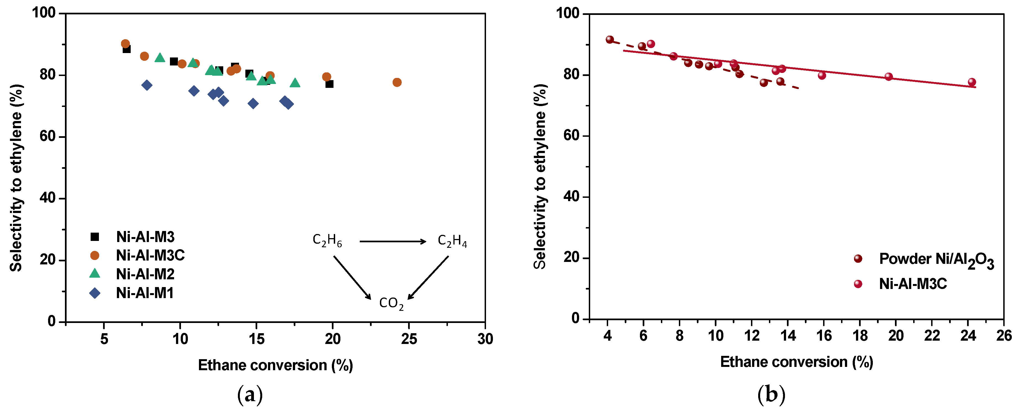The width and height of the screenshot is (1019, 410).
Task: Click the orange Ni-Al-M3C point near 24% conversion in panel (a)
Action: [397, 82]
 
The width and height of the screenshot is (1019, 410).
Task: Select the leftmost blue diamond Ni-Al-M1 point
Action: [147, 85]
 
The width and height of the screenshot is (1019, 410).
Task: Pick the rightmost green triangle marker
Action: [295, 83]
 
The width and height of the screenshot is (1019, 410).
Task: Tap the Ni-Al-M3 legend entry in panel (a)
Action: [145, 237]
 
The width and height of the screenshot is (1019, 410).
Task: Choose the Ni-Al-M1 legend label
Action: [145, 293]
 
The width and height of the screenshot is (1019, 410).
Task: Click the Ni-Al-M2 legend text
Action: [145, 274]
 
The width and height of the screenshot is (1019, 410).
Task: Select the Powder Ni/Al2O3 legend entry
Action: [936, 259]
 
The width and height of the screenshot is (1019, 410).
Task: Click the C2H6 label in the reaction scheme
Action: [327, 240]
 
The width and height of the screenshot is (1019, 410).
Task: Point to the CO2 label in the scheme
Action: [391, 303]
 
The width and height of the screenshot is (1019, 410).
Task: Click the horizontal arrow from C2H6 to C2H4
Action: [392, 241]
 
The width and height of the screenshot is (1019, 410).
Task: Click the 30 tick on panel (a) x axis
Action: [485, 339]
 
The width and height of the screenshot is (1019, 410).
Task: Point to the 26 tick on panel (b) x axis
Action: [1004, 336]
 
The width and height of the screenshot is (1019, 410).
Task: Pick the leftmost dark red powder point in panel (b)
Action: [610, 40]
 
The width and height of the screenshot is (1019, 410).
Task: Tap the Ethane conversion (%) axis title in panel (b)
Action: [796, 362]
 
